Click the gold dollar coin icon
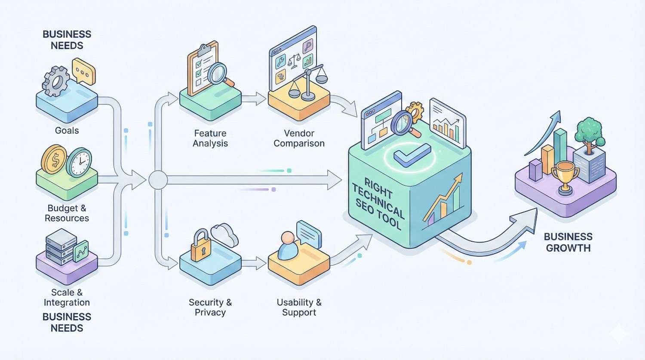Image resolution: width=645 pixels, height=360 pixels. [54, 159]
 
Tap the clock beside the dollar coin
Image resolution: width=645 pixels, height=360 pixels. [79, 163]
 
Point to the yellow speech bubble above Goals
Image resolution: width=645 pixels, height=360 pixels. [83, 72]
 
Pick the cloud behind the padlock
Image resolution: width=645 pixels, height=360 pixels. [224, 235]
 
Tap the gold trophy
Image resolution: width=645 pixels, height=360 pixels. [565, 176]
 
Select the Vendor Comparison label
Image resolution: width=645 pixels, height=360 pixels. [299, 138]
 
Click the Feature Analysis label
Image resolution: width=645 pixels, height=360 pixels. [210, 138]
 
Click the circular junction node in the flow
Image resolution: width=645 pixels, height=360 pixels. [158, 180]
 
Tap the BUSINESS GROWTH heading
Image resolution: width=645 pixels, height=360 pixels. [568, 242]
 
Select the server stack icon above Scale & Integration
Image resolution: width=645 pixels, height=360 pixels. [61, 246]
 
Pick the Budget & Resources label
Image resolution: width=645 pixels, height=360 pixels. [67, 213]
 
